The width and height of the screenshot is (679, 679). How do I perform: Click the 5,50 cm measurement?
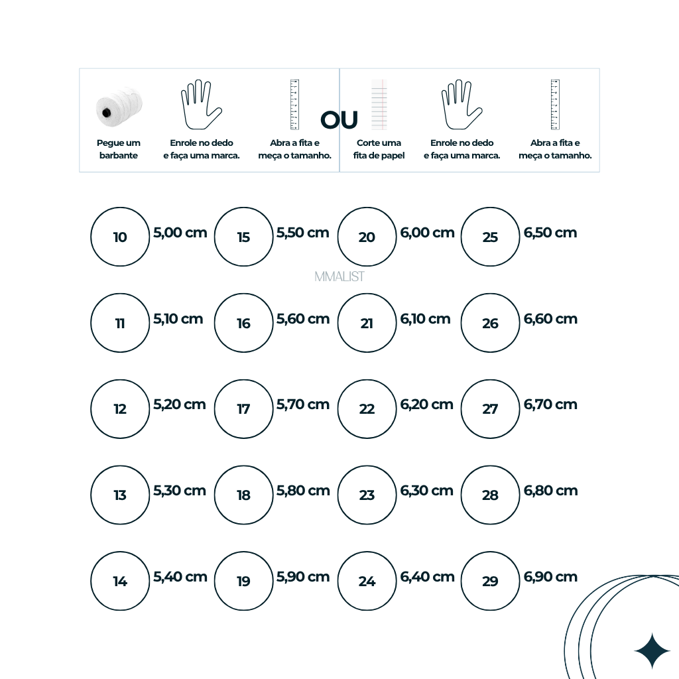(302, 233)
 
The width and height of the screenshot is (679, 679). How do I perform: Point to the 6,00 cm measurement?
(427, 233)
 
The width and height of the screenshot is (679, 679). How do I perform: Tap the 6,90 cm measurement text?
(550, 577)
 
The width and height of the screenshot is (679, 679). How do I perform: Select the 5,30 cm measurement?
(179, 491)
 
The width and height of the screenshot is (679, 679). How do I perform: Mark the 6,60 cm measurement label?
(550, 319)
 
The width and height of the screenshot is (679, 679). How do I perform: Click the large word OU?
(339, 120)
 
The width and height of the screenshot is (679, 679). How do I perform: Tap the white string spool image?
(119, 107)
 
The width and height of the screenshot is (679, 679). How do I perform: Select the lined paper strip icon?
(379, 104)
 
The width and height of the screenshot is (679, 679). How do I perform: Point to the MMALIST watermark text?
(339, 277)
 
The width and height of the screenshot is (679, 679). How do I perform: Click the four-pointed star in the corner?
(652, 651)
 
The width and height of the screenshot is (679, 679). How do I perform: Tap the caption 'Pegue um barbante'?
(118, 149)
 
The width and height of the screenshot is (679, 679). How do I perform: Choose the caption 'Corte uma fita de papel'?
(379, 149)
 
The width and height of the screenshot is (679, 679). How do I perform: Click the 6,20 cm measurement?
(426, 404)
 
